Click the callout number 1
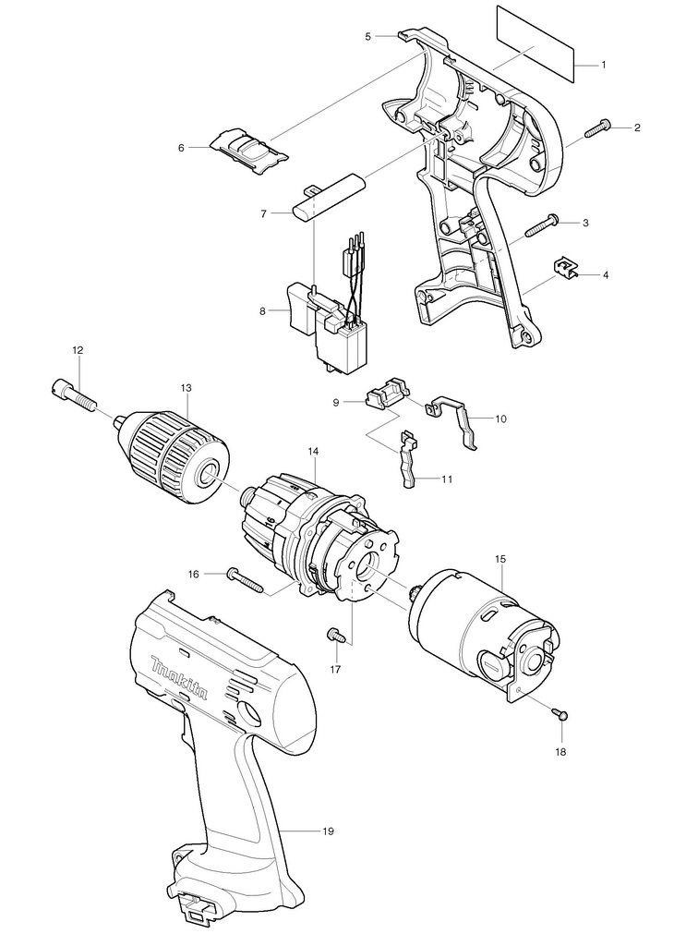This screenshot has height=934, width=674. (603, 65)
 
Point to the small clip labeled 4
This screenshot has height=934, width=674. (566, 268)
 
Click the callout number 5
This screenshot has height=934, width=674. (367, 36)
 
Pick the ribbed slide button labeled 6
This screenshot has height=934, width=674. (246, 147)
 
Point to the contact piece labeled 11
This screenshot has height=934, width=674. (409, 457)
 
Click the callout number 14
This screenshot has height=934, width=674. (313, 451)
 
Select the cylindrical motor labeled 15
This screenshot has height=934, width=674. (480, 628)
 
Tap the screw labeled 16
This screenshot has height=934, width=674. (245, 579)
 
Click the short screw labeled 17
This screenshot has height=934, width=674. (334, 635)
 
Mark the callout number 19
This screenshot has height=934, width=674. (327, 831)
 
